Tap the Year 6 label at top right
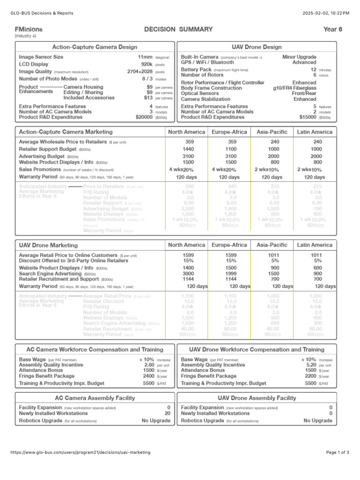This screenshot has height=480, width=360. coord(333,29)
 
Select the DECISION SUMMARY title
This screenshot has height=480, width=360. coord(179,29)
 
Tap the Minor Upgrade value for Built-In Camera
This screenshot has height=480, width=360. coord(299,57)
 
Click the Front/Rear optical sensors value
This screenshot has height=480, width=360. coord(304,94)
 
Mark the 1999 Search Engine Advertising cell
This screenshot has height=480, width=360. coord(230,273)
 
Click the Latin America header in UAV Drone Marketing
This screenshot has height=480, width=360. coord(315,245)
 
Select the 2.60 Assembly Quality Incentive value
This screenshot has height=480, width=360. coord(149,365)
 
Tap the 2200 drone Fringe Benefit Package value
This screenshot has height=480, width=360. coord(311,376)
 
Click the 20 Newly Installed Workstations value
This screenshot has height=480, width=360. coord(167,413)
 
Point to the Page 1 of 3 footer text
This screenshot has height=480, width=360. coord(337,452)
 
